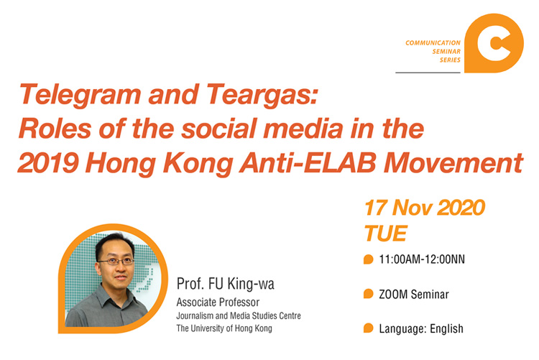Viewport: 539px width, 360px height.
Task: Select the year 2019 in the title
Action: click(x=48, y=162)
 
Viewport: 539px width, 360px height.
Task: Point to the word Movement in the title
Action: click(x=453, y=162)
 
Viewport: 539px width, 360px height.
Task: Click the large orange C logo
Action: click(x=494, y=43)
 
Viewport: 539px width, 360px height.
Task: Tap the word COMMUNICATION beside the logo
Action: click(x=433, y=43)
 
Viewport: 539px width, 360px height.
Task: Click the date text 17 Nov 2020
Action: click(x=425, y=208)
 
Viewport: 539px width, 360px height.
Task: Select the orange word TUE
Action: click(x=386, y=234)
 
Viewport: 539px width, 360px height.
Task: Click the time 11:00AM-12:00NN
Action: click(x=422, y=259)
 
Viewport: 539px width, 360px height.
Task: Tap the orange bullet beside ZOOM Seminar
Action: click(x=368, y=294)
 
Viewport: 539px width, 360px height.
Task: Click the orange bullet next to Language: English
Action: click(x=368, y=328)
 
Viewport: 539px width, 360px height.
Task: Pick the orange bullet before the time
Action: click(x=368, y=259)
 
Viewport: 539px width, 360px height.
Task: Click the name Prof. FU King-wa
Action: click(x=226, y=284)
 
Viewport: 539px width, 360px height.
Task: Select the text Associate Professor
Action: click(x=218, y=303)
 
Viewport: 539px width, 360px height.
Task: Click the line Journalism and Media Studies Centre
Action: click(x=239, y=315)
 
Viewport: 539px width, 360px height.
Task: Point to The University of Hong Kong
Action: click(x=224, y=328)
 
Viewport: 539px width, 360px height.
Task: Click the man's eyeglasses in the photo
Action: click(x=116, y=262)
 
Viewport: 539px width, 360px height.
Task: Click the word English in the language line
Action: click(x=446, y=328)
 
